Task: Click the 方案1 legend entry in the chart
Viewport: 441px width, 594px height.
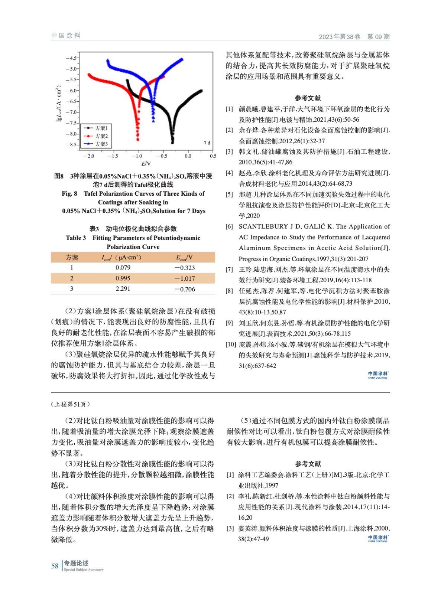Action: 101,128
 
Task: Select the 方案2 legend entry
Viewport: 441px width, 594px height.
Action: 101,136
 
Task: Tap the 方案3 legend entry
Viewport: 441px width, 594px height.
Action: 101,144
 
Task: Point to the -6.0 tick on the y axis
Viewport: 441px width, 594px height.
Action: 71,91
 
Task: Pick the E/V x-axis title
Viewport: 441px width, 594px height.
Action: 146,164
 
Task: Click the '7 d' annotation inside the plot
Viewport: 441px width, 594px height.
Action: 207,143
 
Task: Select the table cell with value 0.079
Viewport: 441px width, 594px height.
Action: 123,268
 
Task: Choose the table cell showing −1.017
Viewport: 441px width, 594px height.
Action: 185,278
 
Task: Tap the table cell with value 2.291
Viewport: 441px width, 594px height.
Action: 123,289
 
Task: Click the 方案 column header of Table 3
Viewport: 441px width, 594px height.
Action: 72,257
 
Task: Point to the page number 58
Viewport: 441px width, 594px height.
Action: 55,566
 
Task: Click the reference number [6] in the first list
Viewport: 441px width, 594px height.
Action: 229,226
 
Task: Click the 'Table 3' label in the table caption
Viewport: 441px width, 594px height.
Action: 76,238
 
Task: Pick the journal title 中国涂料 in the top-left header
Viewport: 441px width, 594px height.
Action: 66,36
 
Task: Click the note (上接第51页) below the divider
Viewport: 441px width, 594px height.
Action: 71,404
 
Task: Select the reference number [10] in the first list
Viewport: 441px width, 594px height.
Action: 231,345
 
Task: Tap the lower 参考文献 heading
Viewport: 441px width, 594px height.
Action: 308,464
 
